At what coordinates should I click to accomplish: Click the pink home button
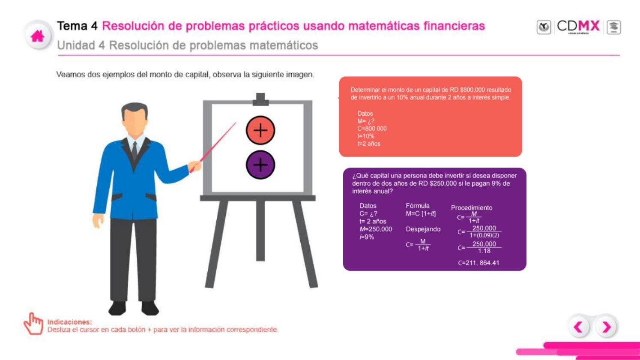[x=38, y=36]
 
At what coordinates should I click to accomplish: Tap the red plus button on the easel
[x=260, y=130]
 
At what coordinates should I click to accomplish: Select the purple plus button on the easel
[x=260, y=165]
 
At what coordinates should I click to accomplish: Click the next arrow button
[x=607, y=327]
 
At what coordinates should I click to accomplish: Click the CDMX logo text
[x=578, y=26]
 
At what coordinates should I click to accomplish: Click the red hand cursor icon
[x=33, y=324]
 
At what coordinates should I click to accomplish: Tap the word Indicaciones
[x=69, y=322]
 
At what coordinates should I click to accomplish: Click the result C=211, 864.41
[x=479, y=263]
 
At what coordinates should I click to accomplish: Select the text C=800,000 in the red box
[x=372, y=129]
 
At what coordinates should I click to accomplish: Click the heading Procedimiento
[x=471, y=208]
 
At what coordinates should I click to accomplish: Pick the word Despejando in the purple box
[x=423, y=229]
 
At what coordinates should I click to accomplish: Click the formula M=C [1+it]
[x=421, y=214]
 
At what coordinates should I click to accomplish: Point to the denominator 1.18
[x=484, y=251]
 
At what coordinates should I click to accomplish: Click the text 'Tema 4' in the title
[x=78, y=26]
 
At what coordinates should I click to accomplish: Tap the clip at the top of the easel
[x=260, y=99]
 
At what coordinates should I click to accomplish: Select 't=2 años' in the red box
[x=369, y=144]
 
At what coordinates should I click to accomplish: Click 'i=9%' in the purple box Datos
[x=367, y=237]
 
